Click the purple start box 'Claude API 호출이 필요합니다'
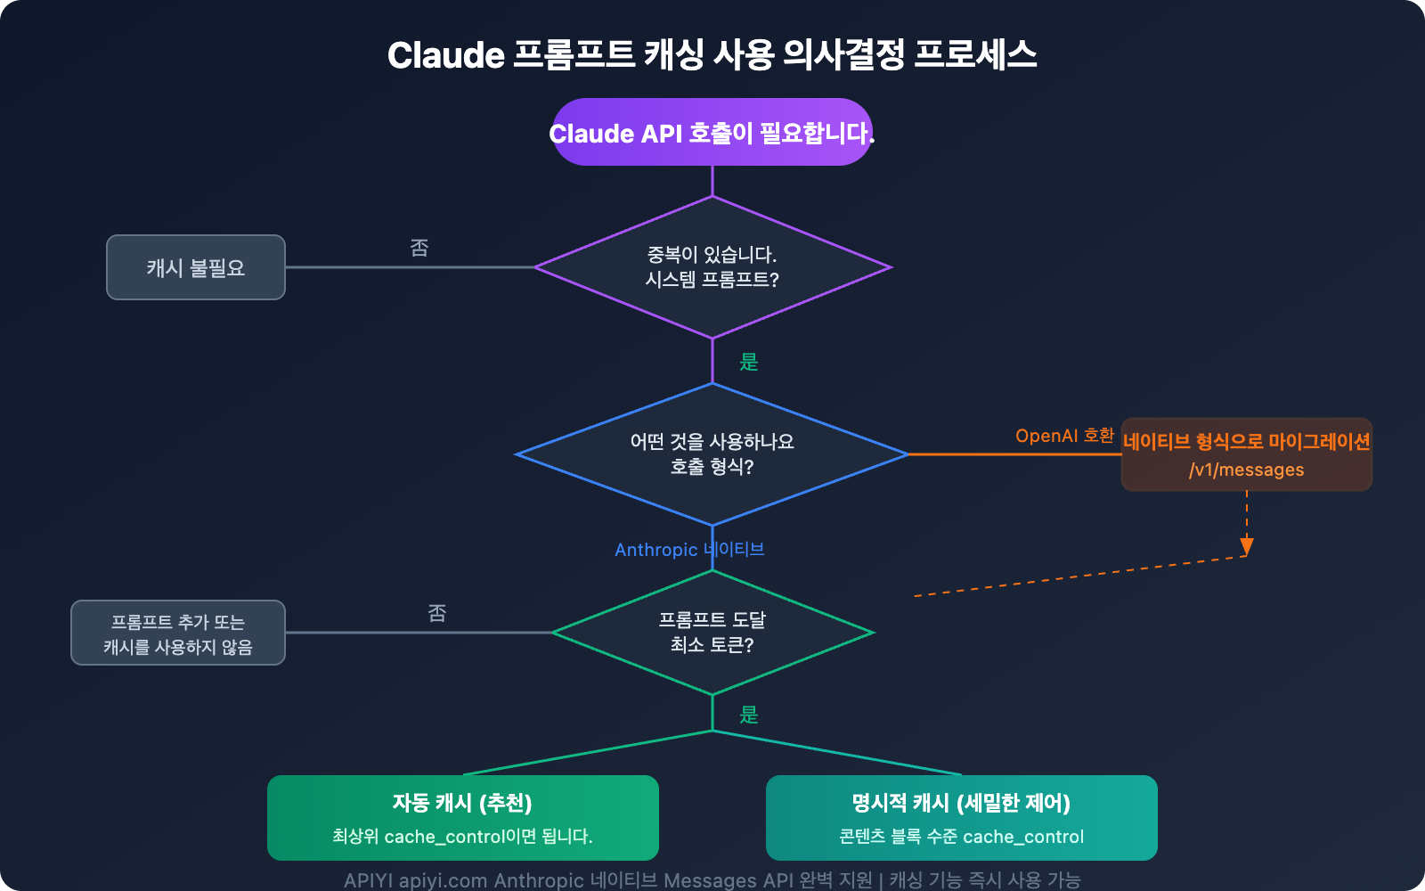click(712, 133)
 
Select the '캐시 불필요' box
click(196, 267)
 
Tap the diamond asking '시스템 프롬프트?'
click(712, 267)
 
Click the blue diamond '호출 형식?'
click(712, 454)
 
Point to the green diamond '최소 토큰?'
click(712, 633)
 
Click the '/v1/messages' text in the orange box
click(1246, 470)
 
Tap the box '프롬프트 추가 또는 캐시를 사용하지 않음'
click(178, 634)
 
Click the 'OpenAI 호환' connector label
click(1064, 436)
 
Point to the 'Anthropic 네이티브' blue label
click(689, 550)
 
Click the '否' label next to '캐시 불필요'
click(419, 248)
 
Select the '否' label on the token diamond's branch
click(437, 613)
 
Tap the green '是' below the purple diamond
click(749, 362)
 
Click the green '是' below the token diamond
click(749, 715)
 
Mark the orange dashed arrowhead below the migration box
click(1247, 546)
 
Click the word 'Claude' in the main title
click(446, 55)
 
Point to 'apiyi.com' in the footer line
click(443, 880)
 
